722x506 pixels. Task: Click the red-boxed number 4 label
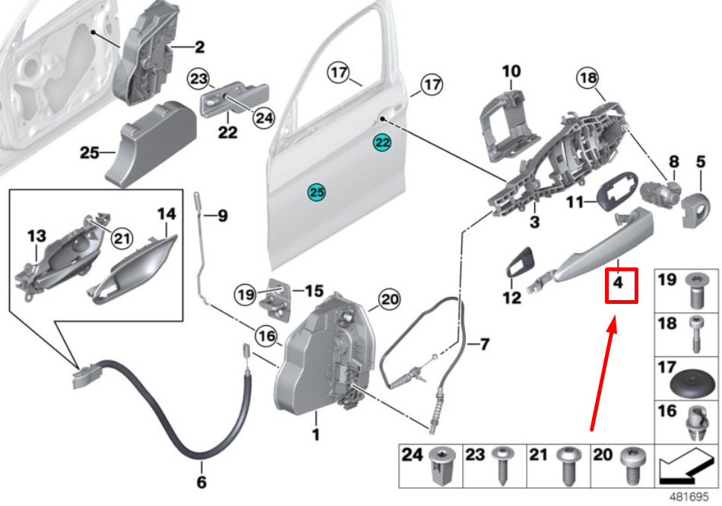click(622, 286)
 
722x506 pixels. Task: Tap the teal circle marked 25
click(317, 192)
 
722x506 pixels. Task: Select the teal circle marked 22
click(382, 143)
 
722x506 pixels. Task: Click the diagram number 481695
click(689, 498)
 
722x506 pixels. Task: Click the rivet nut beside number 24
click(442, 465)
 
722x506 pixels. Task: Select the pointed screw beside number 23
click(503, 465)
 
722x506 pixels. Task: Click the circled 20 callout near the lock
click(390, 300)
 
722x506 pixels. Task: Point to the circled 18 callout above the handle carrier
click(588, 78)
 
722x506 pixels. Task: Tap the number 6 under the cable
click(201, 482)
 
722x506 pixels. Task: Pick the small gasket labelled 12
click(521, 262)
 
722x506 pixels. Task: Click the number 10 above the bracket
click(511, 71)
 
